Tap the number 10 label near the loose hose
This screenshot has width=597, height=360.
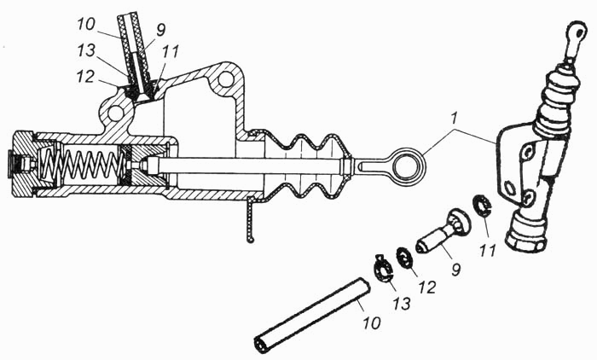(x=371, y=323)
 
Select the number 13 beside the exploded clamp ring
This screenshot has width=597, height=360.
(x=403, y=304)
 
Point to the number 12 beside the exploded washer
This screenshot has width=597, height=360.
(x=426, y=287)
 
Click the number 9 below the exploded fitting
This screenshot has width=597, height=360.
(x=455, y=269)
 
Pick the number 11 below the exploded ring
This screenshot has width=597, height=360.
(x=488, y=250)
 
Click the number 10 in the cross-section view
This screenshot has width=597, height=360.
(x=85, y=24)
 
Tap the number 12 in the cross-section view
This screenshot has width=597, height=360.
(x=85, y=76)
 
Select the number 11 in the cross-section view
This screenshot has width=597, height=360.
(x=171, y=51)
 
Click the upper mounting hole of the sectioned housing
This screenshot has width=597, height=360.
(x=226, y=78)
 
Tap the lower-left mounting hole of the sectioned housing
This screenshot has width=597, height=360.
(x=115, y=113)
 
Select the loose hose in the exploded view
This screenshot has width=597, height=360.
(x=312, y=316)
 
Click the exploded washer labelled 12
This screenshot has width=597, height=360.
(x=406, y=258)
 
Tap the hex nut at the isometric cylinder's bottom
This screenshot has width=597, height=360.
(x=526, y=234)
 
